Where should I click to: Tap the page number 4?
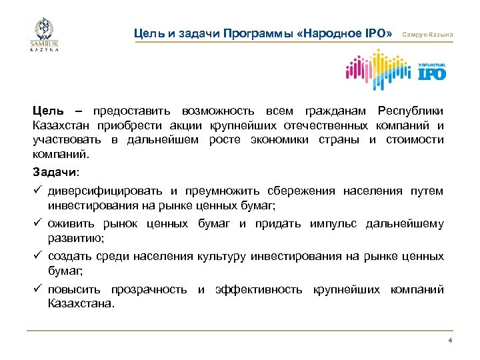450,341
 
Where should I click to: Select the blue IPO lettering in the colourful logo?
431,73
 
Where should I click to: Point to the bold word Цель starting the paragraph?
49,110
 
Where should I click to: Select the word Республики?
410,110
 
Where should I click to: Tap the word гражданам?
332,110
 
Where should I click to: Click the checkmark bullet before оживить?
39,224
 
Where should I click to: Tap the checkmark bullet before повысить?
39,289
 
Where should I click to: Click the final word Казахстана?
81,303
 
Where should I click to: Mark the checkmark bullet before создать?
39,256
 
